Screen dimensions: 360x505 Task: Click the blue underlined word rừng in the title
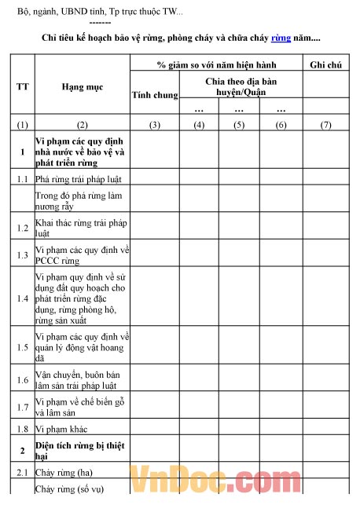pos(281,38)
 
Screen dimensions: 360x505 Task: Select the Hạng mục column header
pos(83,86)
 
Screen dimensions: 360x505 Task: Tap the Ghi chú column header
pos(329,64)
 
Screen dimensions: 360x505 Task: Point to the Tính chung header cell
pos(154,96)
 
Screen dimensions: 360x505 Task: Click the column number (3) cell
pos(154,125)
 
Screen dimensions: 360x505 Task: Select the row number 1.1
pos(22,179)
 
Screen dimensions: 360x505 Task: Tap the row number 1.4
pos(22,299)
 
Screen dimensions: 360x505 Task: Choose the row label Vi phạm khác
pos(66,429)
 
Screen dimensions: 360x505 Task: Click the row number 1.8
pos(22,429)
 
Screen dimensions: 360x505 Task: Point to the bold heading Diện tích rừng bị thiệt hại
pos(81,451)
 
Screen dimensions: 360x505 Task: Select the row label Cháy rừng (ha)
pos(70,473)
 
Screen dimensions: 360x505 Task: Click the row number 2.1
pos(22,473)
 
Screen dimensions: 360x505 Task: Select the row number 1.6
pos(22,379)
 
